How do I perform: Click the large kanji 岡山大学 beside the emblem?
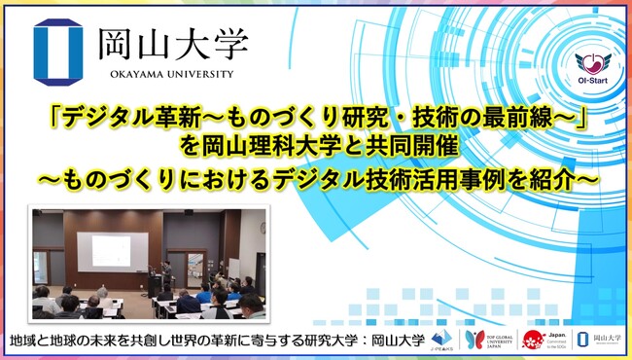(171, 44)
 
